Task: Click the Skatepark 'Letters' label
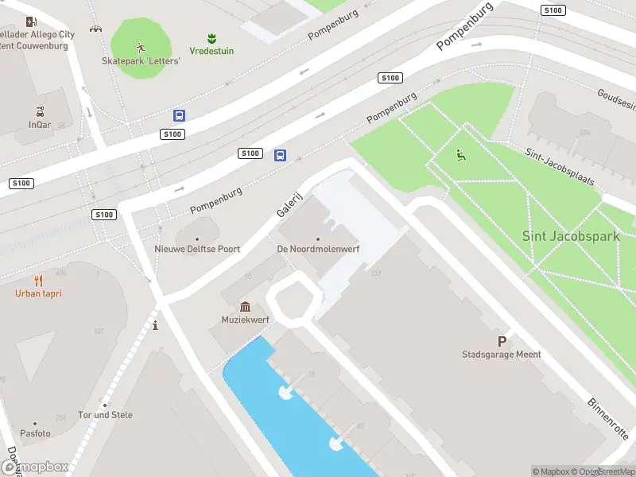141,60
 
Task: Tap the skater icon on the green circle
141,46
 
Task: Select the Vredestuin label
211,51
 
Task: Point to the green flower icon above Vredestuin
211,37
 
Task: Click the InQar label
40,125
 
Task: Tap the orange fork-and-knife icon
38,281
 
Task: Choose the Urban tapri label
38,293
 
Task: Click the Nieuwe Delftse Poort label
197,249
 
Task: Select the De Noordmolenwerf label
318,249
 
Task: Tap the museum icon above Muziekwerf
245,307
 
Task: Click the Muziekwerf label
245,320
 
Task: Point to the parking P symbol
502,340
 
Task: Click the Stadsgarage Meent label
502,355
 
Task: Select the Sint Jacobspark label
570,235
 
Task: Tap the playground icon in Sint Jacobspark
460,154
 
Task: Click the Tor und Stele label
105,415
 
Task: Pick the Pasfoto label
35,433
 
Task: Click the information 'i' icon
155,325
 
